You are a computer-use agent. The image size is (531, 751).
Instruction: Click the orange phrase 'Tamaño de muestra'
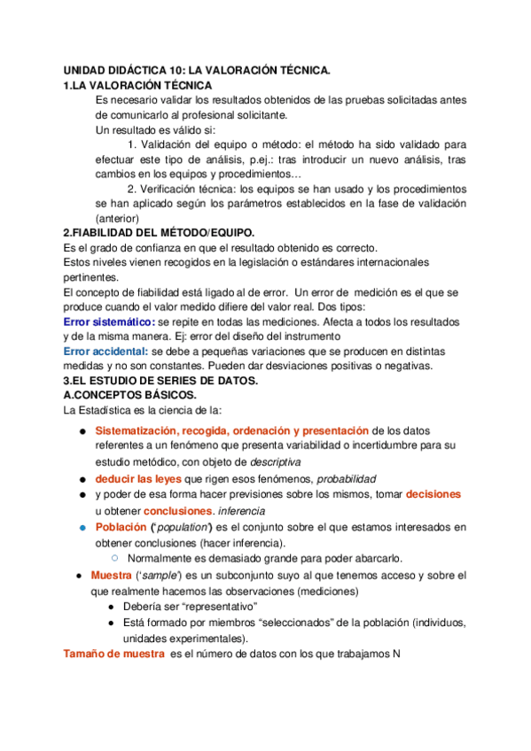(113, 654)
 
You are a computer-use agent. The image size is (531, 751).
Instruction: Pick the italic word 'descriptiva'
(275, 461)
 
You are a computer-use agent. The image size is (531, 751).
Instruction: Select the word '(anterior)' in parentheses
(117, 218)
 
